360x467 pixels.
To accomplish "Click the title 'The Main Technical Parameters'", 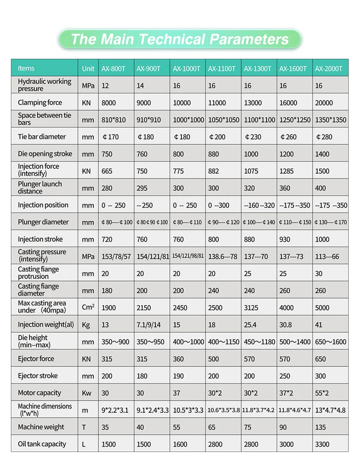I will tap(180, 39).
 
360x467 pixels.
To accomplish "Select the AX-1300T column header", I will tap(257, 69).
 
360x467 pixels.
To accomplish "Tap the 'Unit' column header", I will tap(88, 69).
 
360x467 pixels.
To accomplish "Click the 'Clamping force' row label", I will tap(40, 103).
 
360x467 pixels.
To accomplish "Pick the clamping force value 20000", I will tap(324, 103).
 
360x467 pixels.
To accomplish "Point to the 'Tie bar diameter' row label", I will tap(42, 137).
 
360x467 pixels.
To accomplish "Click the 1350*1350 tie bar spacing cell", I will tap(330, 120).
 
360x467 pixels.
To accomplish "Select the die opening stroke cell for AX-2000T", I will tap(322, 154).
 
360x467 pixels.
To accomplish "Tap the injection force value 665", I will tap(107, 171).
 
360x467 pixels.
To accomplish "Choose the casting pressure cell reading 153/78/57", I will tap(116, 256).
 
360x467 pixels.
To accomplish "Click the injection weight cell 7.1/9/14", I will tap(149, 325).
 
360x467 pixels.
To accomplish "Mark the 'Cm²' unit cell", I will tap(88, 307).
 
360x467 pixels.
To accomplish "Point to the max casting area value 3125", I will tap(251, 308).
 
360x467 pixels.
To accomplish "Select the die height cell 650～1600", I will tap(330, 342).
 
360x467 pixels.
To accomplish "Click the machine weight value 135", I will tap(321, 427).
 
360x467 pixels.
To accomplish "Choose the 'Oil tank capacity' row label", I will tap(42, 444).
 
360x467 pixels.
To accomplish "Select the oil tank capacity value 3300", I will tap(323, 444).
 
